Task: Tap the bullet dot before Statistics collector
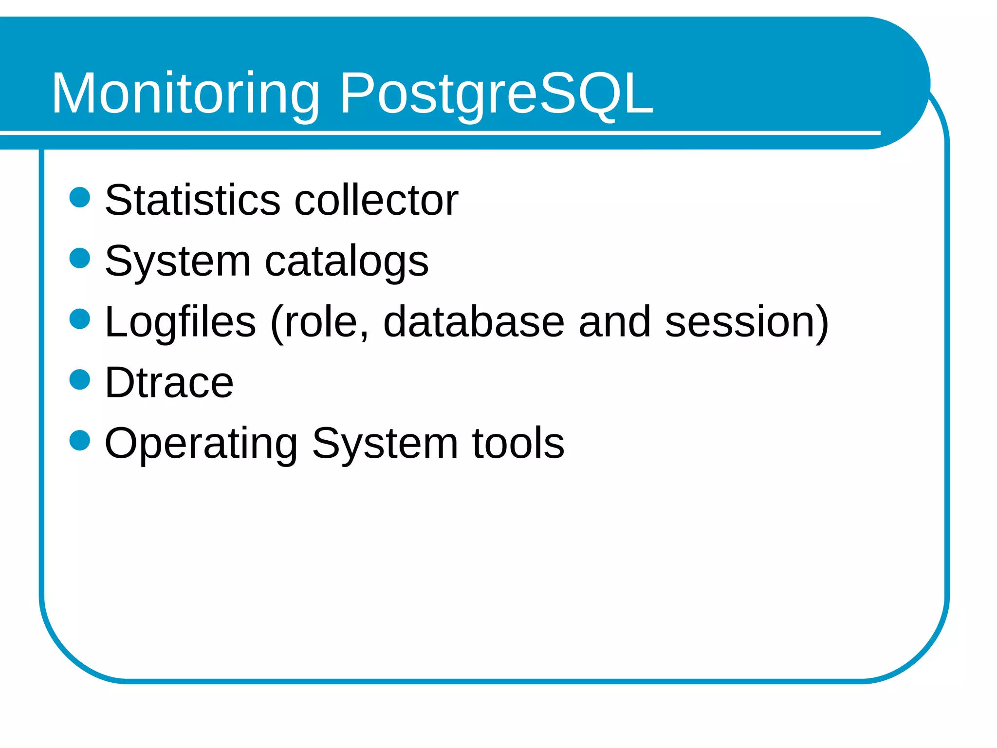point(80,197)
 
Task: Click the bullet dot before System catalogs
point(80,258)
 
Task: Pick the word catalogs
point(347,262)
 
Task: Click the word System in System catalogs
point(178,262)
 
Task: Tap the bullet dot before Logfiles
point(80,319)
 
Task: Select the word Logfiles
point(180,322)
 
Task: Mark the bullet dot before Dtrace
point(80,380)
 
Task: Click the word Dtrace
point(169,383)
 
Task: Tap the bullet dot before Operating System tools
point(80,441)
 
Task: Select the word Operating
point(201,444)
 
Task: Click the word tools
point(518,443)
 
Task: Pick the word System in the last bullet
point(385,444)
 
